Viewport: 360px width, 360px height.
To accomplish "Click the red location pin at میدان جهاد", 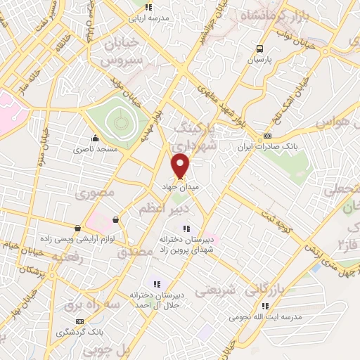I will [181, 166].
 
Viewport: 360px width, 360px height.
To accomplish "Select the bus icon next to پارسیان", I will [260, 49].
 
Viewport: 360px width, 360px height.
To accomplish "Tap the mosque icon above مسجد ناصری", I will [95, 138].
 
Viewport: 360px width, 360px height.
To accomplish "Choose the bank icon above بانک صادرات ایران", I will [267, 136].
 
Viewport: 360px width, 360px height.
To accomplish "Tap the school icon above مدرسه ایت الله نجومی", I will [265, 306].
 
